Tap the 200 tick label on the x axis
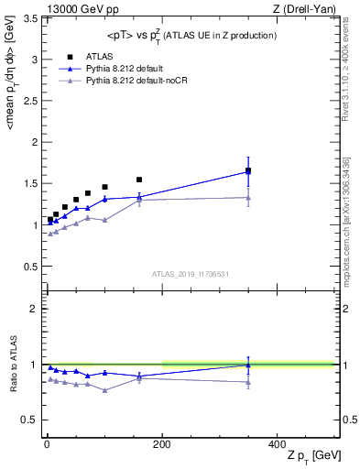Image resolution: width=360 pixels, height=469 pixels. coord(162,442)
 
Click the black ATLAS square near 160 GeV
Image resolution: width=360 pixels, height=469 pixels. coord(139,180)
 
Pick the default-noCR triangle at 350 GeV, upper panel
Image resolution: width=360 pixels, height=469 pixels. coord(248,197)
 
